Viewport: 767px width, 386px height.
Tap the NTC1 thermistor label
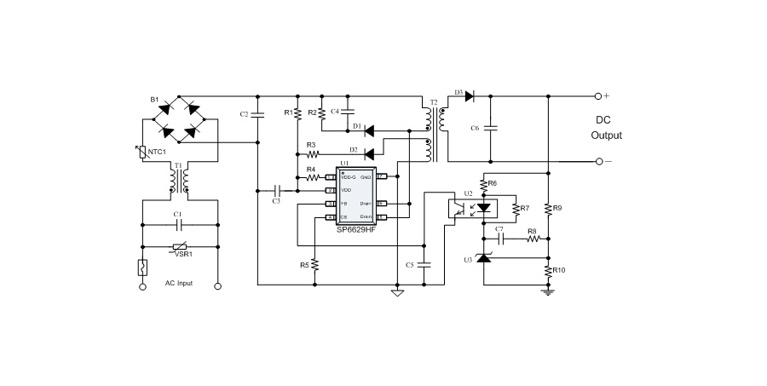pyautogui.click(x=156, y=152)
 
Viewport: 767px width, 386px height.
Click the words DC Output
pyautogui.click(x=607, y=128)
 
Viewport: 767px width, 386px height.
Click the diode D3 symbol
pyautogui.click(x=469, y=96)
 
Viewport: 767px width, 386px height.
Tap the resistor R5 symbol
pyautogui.click(x=315, y=264)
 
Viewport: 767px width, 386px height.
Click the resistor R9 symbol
pyautogui.click(x=548, y=207)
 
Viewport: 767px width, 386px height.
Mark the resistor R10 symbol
pyautogui.click(x=548, y=270)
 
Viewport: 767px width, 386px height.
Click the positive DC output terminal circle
pyautogui.click(x=598, y=96)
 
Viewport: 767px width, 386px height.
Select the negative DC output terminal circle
pyautogui.click(x=598, y=161)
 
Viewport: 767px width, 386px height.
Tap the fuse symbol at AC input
pyautogui.click(x=142, y=267)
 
